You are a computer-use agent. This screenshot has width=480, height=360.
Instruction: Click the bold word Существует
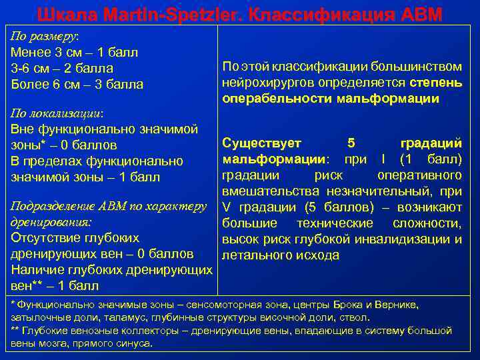[261, 143]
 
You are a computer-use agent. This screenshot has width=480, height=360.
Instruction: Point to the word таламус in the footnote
[128, 318]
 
